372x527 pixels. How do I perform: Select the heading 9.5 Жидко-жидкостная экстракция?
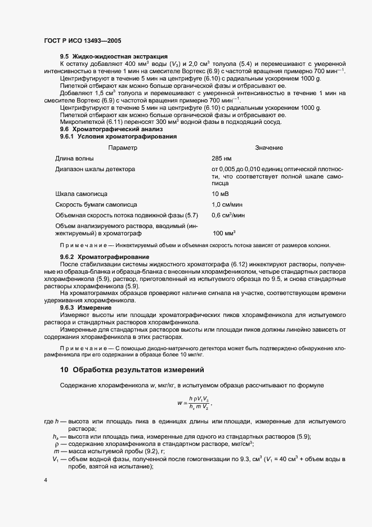click(x=114, y=56)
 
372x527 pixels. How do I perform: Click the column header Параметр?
click(x=123, y=148)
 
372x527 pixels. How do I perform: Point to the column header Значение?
click(x=269, y=148)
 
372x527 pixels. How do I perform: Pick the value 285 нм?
click(x=221, y=158)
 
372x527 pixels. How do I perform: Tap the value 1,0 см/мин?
click(x=227, y=204)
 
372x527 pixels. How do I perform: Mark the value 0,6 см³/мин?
click(x=228, y=215)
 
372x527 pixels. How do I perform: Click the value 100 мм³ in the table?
click(x=224, y=233)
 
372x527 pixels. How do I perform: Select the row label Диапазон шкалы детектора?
click(x=95, y=169)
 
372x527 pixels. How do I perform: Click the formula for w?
click(x=195, y=403)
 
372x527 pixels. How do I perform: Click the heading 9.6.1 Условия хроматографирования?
click(x=119, y=136)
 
